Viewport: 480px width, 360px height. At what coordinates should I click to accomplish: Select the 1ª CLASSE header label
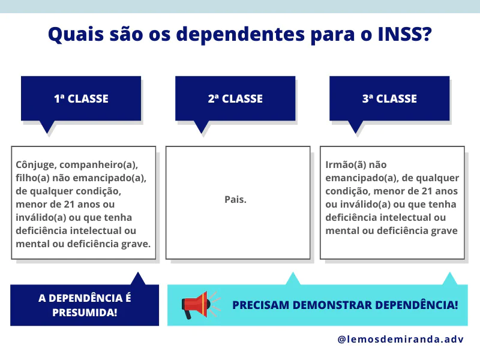81,98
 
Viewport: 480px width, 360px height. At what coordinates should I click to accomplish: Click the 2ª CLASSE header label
235,98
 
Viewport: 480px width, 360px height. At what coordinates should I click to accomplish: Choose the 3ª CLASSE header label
389,98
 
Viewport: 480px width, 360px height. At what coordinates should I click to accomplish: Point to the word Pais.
236,199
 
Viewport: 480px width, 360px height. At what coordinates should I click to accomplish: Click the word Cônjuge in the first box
36,164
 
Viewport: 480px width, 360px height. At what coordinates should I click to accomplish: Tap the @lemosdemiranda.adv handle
400,339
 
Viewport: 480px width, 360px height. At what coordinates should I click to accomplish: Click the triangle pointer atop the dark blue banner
138,278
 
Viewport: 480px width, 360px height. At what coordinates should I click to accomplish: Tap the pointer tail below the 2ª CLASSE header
202,127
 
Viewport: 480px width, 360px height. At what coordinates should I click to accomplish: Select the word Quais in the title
72,34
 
